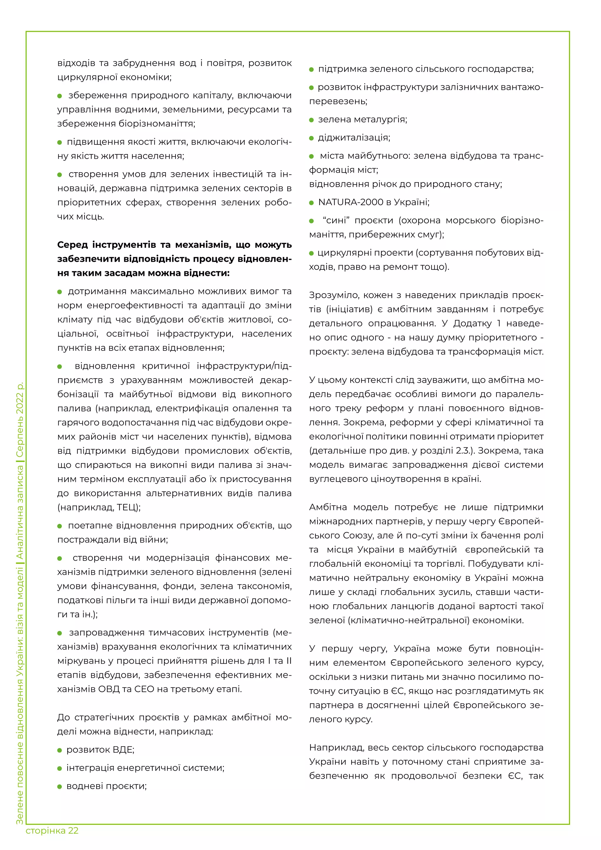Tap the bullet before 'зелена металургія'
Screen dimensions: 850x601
(x=311, y=120)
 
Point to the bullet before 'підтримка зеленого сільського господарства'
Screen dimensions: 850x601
(x=311, y=70)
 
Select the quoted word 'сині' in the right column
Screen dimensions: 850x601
(x=336, y=220)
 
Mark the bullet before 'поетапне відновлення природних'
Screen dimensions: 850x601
(x=60, y=526)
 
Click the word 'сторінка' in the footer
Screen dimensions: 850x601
(x=45, y=830)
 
